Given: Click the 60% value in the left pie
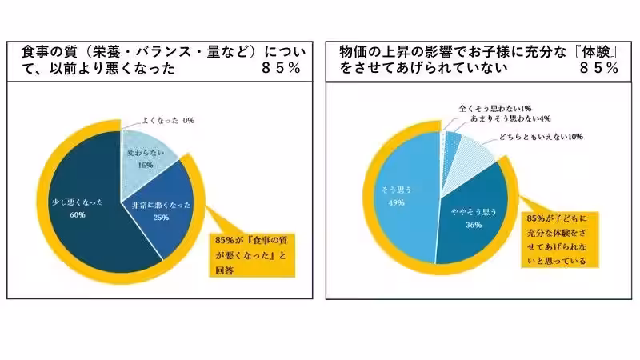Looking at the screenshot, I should point(78,214).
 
